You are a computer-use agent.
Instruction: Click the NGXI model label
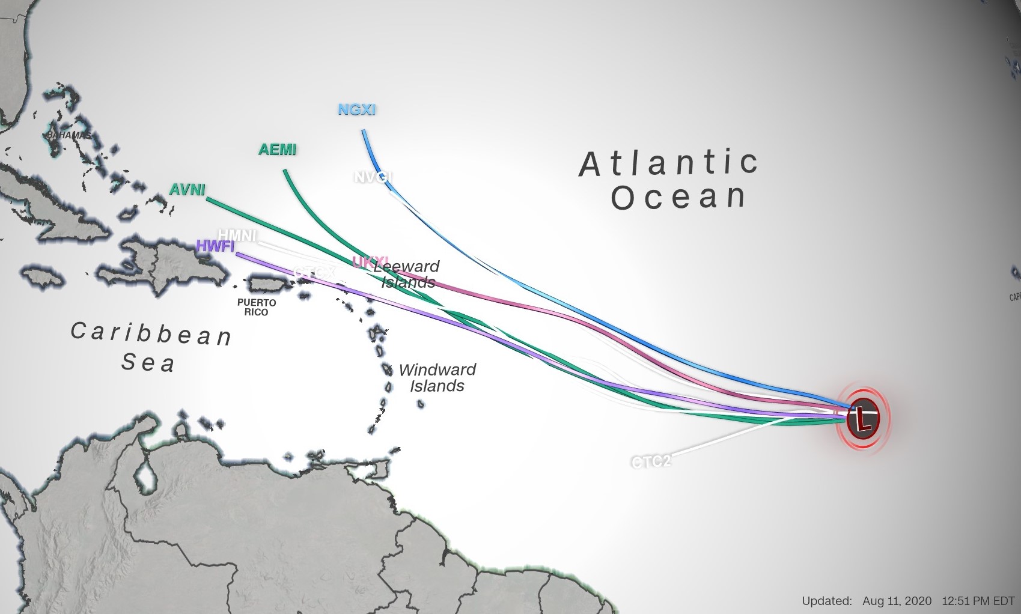pos(357,110)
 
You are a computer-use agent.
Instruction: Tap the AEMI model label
pos(278,150)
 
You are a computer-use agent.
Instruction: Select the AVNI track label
pos(187,190)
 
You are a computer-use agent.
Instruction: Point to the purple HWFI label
pos(215,246)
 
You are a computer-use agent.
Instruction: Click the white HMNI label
pos(237,235)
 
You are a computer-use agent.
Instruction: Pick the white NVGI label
pos(373,177)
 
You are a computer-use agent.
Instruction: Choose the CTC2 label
pos(651,462)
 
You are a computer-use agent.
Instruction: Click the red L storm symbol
pos(863,418)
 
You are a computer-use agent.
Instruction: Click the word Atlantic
pos(668,163)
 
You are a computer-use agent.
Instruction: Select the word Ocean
pos(678,198)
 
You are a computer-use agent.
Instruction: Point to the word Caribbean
pos(151,333)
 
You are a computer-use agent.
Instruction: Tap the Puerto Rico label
pos(257,307)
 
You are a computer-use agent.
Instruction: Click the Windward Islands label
pos(437,377)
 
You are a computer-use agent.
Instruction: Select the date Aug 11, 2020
pos(897,601)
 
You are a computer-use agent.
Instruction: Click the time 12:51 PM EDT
pos(978,601)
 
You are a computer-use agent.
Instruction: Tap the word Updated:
pos(827,601)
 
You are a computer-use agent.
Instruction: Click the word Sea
pos(148,363)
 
